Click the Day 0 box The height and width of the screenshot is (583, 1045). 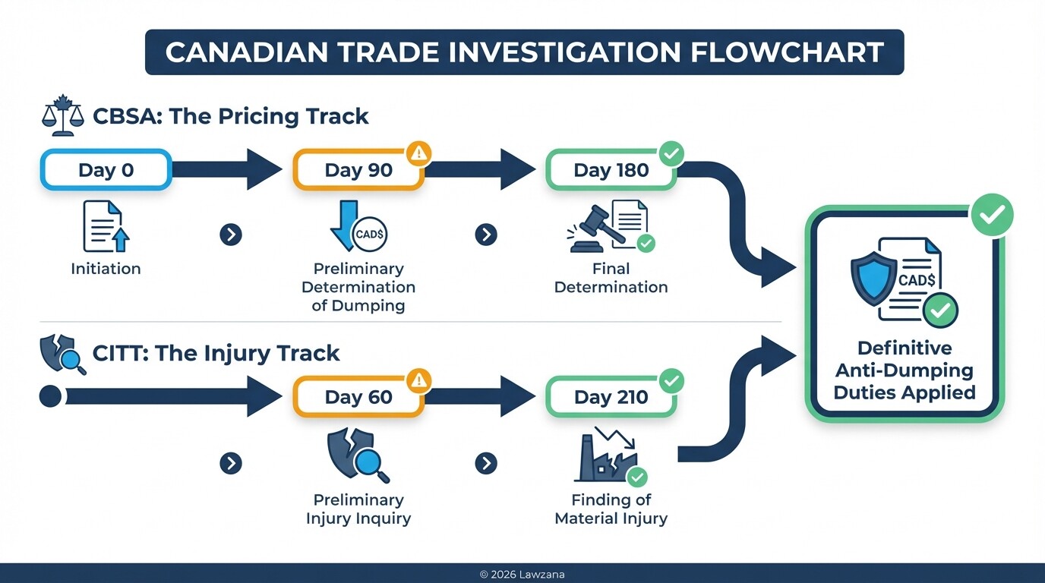pos(106,169)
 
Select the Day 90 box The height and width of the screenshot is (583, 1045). pos(358,169)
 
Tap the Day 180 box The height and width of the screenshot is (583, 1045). pos(611,169)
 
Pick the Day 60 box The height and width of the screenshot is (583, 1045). pos(358,396)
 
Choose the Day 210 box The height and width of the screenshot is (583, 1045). pos(611,396)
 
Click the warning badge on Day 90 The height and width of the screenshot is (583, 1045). pos(419,153)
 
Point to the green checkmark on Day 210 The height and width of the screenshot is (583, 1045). pos(671,380)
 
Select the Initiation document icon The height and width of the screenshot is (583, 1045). pos(105,226)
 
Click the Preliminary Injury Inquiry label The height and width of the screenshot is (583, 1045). pos(358,509)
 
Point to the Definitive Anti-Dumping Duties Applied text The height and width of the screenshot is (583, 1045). pos(904,370)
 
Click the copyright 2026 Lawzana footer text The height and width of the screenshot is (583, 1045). pos(522,575)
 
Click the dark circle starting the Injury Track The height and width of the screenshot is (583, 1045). pos(50,396)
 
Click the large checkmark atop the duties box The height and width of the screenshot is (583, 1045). pos(992,216)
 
